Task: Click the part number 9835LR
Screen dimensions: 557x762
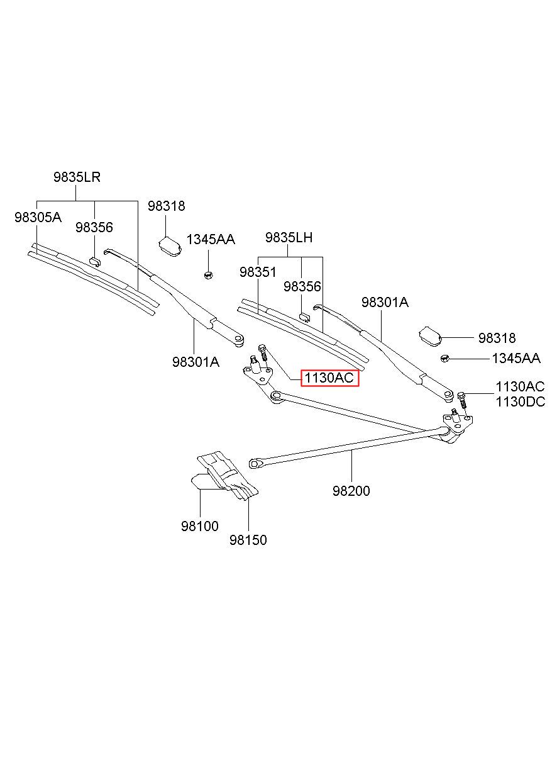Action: (77, 177)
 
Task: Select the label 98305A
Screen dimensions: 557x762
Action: (38, 217)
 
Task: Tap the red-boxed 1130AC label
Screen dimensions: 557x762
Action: (329, 378)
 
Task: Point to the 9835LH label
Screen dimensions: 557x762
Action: (289, 237)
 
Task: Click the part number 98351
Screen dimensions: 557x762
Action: (258, 272)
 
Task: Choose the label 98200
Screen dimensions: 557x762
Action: (351, 491)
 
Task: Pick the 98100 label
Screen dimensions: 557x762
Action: (200, 526)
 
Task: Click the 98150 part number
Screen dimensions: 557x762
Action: (248, 540)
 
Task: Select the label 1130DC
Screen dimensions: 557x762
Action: (521, 401)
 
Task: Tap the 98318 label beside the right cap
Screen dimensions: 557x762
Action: (497, 338)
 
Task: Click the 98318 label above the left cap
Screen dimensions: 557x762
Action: (166, 206)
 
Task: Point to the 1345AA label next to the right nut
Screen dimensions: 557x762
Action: (516, 358)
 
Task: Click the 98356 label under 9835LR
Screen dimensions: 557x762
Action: (94, 227)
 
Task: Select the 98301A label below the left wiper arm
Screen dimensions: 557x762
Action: (196, 362)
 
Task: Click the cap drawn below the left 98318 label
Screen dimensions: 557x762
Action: (170, 246)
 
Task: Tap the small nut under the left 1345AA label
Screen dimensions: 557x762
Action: (208, 275)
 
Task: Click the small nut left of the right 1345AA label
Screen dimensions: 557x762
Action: (445, 358)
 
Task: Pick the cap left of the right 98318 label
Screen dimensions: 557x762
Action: (430, 337)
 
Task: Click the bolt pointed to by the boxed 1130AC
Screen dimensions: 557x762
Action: (263, 354)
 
